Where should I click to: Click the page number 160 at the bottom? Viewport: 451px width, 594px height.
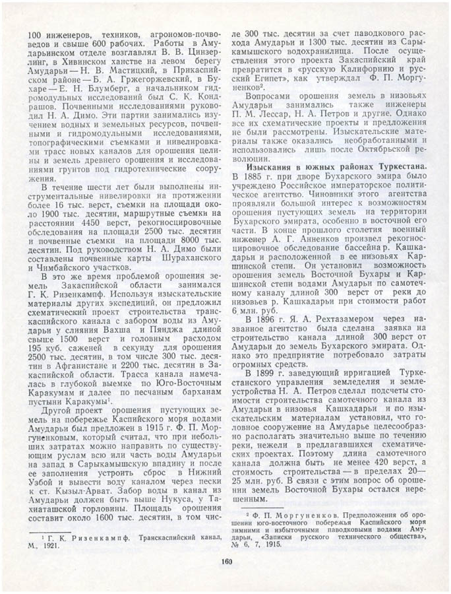[x=226, y=562]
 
